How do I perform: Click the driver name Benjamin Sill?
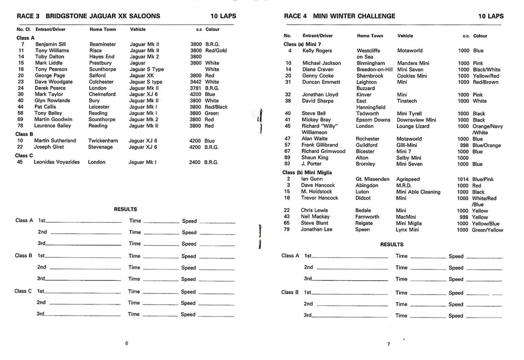point(51,45)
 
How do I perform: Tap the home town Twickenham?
point(104,140)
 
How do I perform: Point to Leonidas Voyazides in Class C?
point(56,162)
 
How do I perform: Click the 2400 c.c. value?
point(195,162)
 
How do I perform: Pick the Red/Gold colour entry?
point(216,51)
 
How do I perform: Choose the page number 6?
point(126,343)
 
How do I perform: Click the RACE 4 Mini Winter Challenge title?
point(340,16)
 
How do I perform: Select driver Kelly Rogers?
point(317,51)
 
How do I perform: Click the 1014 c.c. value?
point(463,179)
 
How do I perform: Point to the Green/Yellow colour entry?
point(487,230)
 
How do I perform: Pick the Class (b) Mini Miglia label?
point(308,172)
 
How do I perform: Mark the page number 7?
point(388,344)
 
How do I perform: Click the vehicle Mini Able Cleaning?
point(419,192)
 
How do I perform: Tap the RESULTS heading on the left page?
point(126,209)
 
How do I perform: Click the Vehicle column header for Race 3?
point(138,29)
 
